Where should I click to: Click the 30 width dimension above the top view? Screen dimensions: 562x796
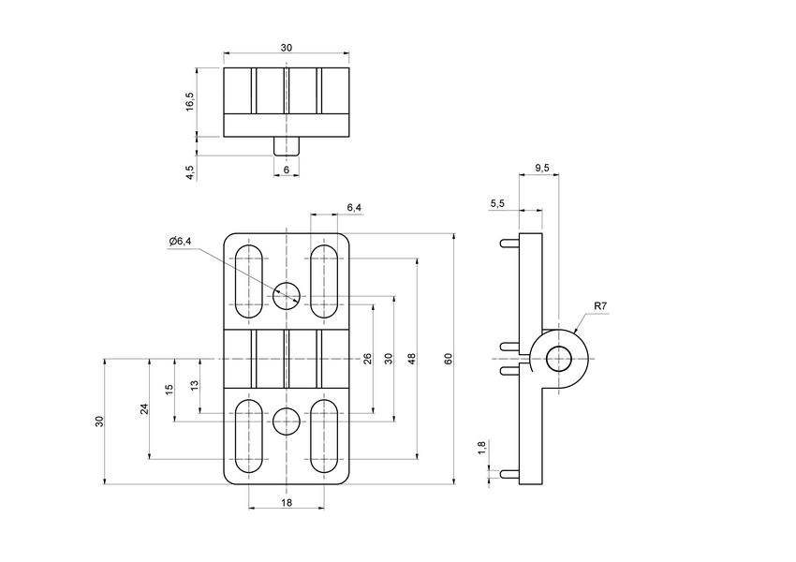tap(287, 48)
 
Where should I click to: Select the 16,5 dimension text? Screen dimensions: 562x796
tap(190, 101)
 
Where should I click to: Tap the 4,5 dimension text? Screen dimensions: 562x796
tap(190, 172)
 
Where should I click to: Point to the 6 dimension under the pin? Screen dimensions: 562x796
tap(287, 169)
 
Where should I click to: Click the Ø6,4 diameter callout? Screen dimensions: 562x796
tap(180, 242)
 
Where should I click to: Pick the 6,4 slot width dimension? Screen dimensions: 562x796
tap(353, 207)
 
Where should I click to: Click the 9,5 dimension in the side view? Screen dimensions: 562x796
tap(542, 168)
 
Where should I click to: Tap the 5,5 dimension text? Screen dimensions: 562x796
tap(497, 203)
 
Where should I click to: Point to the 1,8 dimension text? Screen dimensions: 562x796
tap(482, 448)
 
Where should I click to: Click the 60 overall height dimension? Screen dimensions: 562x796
tap(449, 358)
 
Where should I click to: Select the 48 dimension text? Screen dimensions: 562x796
tap(412, 358)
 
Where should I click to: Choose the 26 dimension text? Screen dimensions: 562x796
tap(368, 358)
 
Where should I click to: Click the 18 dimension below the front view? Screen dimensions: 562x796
tap(287, 503)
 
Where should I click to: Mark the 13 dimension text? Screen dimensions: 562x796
tap(194, 384)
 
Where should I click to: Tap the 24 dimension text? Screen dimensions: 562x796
tap(145, 408)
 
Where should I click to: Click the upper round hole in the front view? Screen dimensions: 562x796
tap(287, 296)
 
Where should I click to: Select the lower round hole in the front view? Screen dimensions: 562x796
tap(287, 421)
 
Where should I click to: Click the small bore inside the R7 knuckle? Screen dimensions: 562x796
tap(559, 358)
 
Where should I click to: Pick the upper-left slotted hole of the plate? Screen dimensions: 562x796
tap(248, 280)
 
